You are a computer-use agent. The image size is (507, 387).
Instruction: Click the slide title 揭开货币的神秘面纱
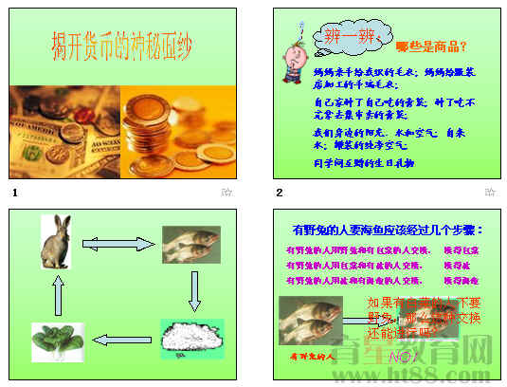tap(124, 46)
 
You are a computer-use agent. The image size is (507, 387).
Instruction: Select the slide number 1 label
tap(14, 193)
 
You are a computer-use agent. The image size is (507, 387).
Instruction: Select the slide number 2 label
tap(280, 193)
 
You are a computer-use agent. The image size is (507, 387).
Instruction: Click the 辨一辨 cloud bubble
tap(336, 39)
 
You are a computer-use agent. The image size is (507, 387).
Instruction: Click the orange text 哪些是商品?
tap(431, 46)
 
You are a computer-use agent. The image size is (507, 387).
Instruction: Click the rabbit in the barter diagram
tap(57, 242)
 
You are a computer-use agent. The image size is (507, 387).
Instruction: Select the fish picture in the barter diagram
tap(190, 244)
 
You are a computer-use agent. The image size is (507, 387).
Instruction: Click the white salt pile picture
tap(191, 339)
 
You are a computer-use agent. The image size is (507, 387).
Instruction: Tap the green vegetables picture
tap(58, 341)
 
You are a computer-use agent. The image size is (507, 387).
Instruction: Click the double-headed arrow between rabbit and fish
tap(118, 244)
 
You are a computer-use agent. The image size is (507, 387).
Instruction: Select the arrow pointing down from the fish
tap(193, 290)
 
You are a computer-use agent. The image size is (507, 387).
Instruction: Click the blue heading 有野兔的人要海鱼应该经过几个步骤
tap(389, 230)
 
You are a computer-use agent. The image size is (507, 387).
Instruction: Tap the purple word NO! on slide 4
tap(402, 356)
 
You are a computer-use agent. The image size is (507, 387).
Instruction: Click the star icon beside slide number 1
tap(226, 193)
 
